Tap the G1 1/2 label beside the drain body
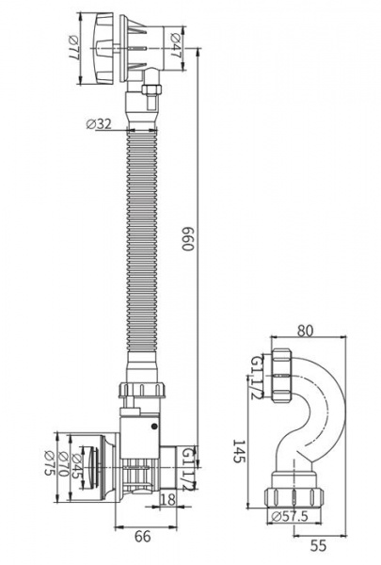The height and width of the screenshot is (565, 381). [x=189, y=468]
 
